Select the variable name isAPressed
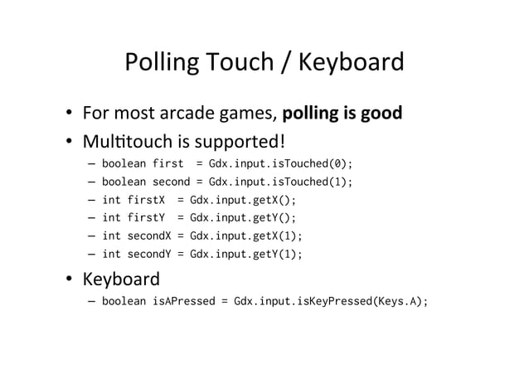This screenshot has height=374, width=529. point(184,302)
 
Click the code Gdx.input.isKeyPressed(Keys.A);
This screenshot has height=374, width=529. point(332,302)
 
